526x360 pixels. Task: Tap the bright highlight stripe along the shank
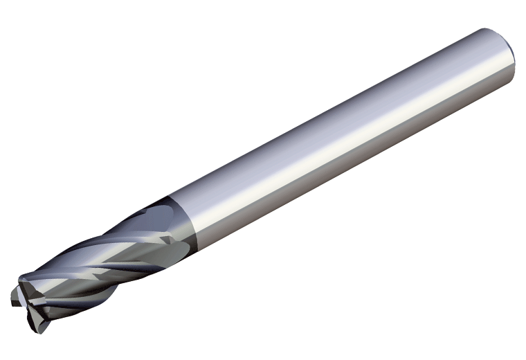[x=332, y=132]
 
